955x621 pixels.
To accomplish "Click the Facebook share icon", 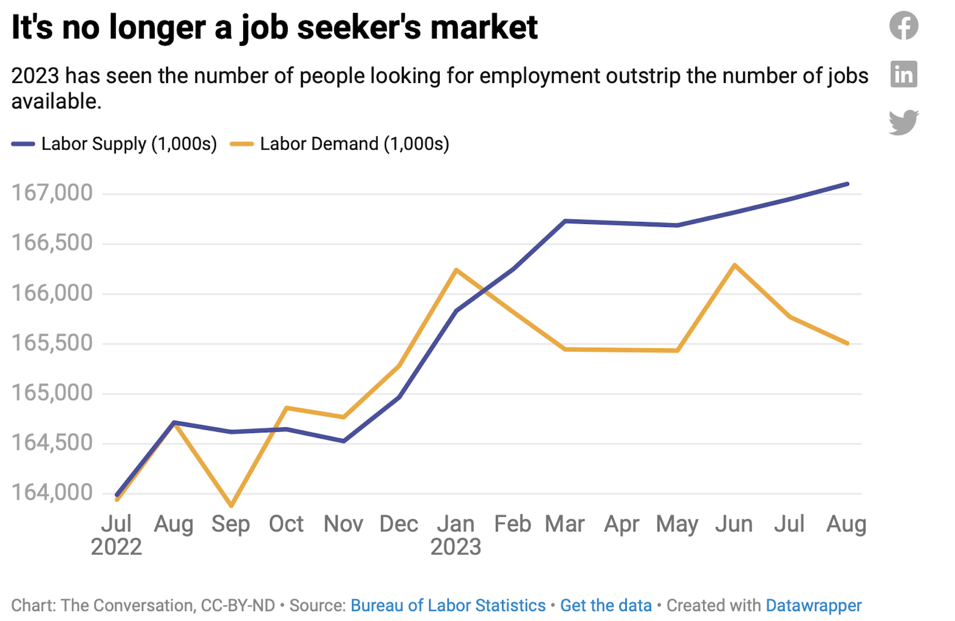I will pyautogui.click(x=903, y=26).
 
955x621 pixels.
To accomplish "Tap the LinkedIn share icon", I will pyautogui.click(x=903, y=74).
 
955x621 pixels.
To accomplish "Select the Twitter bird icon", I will pyautogui.click(x=903, y=122).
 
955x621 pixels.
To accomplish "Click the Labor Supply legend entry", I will pyautogui.click(x=114, y=144).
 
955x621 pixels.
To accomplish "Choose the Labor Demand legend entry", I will pyautogui.click(x=340, y=144).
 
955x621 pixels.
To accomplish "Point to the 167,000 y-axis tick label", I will pyautogui.click(x=52, y=193).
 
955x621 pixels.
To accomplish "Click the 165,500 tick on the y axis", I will pyautogui.click(x=52, y=343).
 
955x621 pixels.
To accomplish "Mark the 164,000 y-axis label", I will pyautogui.click(x=52, y=493).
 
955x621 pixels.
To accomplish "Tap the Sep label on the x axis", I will pyautogui.click(x=230, y=524).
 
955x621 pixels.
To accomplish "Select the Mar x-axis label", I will pyautogui.click(x=565, y=524).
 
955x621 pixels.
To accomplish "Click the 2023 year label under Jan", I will pyautogui.click(x=456, y=547).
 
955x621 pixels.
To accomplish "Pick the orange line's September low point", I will pyautogui.click(x=232, y=506).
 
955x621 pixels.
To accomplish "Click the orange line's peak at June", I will pyautogui.click(x=734, y=265).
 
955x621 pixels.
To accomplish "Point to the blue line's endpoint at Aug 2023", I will pyautogui.click(x=847, y=184).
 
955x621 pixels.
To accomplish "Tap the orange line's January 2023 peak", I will pyautogui.click(x=456, y=270).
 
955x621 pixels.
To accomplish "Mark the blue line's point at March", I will pyautogui.click(x=565, y=221).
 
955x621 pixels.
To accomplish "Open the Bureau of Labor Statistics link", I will pyautogui.click(x=448, y=606).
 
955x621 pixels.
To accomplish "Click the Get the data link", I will pyautogui.click(x=605, y=606).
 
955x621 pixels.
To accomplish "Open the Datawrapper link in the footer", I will pyautogui.click(x=813, y=606).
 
